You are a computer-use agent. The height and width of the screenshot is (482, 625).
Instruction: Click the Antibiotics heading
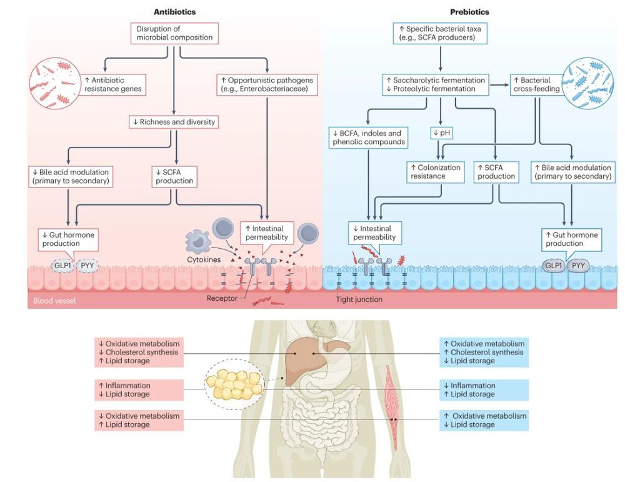point(176,12)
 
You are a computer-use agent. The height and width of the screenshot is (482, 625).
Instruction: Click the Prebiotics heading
point(469,12)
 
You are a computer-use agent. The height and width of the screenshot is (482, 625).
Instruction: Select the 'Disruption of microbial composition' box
point(175,33)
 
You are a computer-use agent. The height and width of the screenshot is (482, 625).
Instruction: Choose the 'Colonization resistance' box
point(435,172)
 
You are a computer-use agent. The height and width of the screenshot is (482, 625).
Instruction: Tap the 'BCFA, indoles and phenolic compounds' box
point(369,138)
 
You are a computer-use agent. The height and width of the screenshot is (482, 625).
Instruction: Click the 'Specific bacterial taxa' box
point(441,33)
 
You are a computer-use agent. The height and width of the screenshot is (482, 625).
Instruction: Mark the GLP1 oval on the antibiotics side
point(62,266)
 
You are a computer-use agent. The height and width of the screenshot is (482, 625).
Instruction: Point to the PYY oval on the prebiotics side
point(579,266)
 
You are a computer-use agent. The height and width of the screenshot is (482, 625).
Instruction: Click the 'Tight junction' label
point(359,299)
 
